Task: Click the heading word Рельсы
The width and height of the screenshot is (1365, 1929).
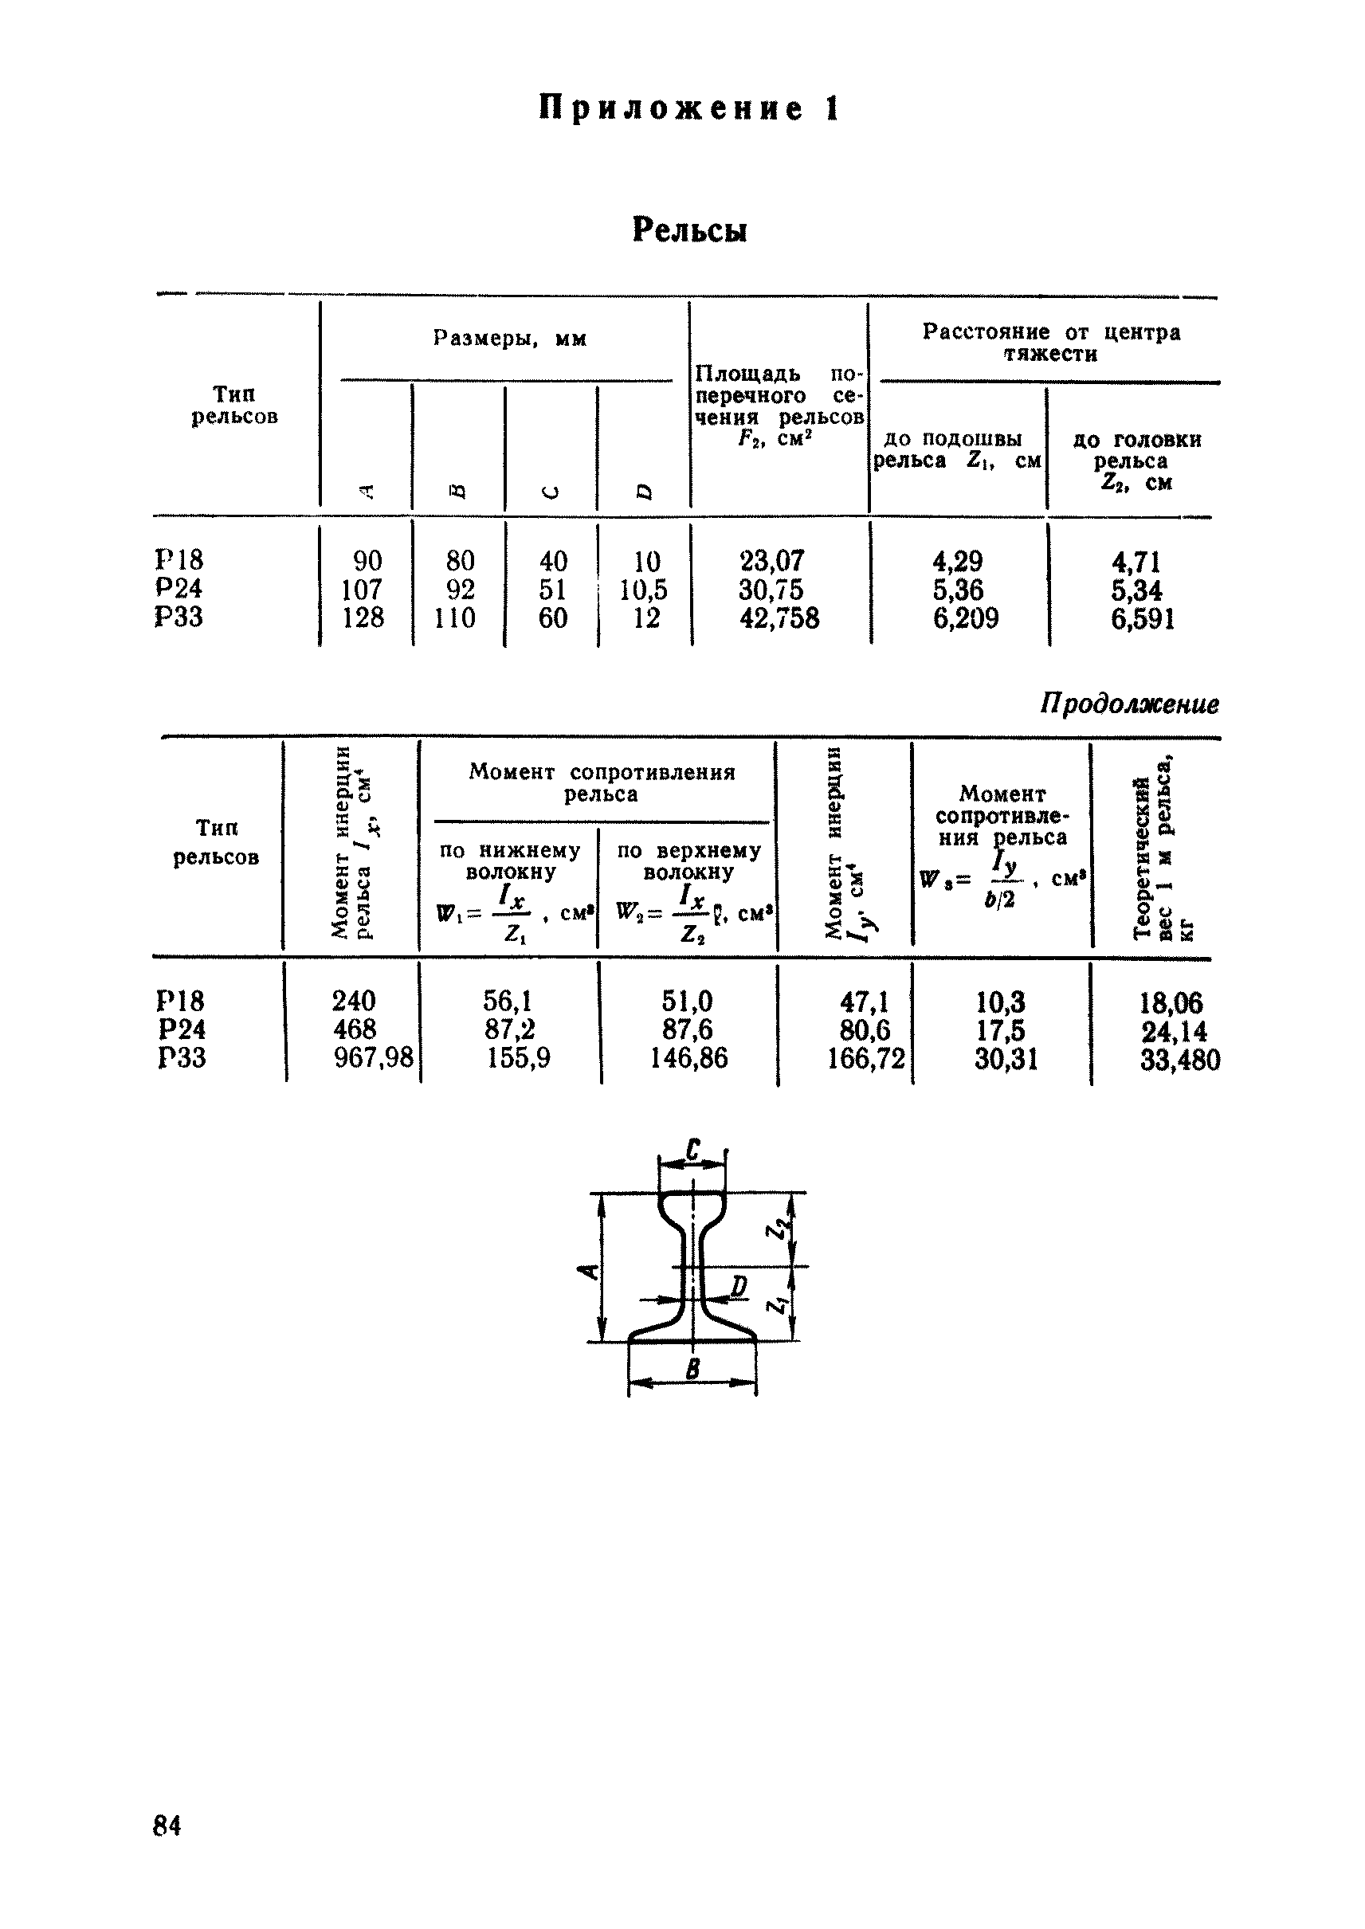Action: click(x=689, y=229)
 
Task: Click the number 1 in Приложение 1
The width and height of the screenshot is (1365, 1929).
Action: click(x=832, y=109)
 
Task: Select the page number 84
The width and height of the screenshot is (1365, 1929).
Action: click(x=167, y=1825)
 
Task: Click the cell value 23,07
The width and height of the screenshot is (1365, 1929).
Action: click(x=771, y=561)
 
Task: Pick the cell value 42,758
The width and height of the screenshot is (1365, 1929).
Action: click(x=779, y=618)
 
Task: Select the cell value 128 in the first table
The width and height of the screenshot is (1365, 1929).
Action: click(x=363, y=618)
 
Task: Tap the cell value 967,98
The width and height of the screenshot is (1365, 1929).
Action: click(x=374, y=1057)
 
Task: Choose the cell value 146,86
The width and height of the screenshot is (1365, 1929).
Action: click(x=688, y=1057)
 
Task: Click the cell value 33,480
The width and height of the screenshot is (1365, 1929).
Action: click(x=1179, y=1060)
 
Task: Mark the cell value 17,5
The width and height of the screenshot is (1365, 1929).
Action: click(x=1000, y=1030)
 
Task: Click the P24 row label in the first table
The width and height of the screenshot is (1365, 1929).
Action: click(x=179, y=588)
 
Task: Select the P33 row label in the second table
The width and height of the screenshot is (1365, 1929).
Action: click(x=182, y=1057)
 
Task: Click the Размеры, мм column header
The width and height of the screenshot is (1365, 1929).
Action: click(x=509, y=339)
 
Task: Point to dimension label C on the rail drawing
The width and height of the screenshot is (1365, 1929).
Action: click(x=693, y=1150)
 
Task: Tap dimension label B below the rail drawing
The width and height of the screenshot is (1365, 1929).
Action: click(x=693, y=1370)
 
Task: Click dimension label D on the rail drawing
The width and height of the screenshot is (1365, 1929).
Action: click(x=739, y=1286)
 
